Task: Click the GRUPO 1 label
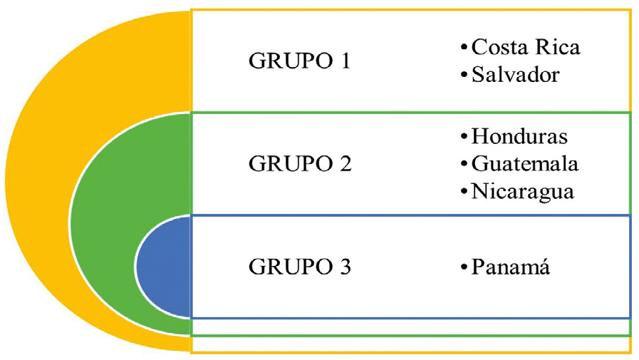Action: (299, 61)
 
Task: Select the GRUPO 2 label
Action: (300, 164)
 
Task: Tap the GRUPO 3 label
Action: (300, 267)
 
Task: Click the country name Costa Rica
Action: (526, 47)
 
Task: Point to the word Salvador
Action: (516, 75)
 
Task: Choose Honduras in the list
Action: (519, 136)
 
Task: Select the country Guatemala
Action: (525, 164)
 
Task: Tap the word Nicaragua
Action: (523, 192)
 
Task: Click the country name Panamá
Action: (511, 267)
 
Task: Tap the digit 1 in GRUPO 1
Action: (346, 61)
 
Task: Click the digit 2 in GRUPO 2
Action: (346, 164)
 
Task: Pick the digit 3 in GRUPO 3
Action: (346, 267)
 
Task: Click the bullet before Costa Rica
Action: (464, 48)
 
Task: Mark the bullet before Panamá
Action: (464, 268)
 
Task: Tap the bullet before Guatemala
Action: (464, 165)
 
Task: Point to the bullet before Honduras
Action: (464, 137)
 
